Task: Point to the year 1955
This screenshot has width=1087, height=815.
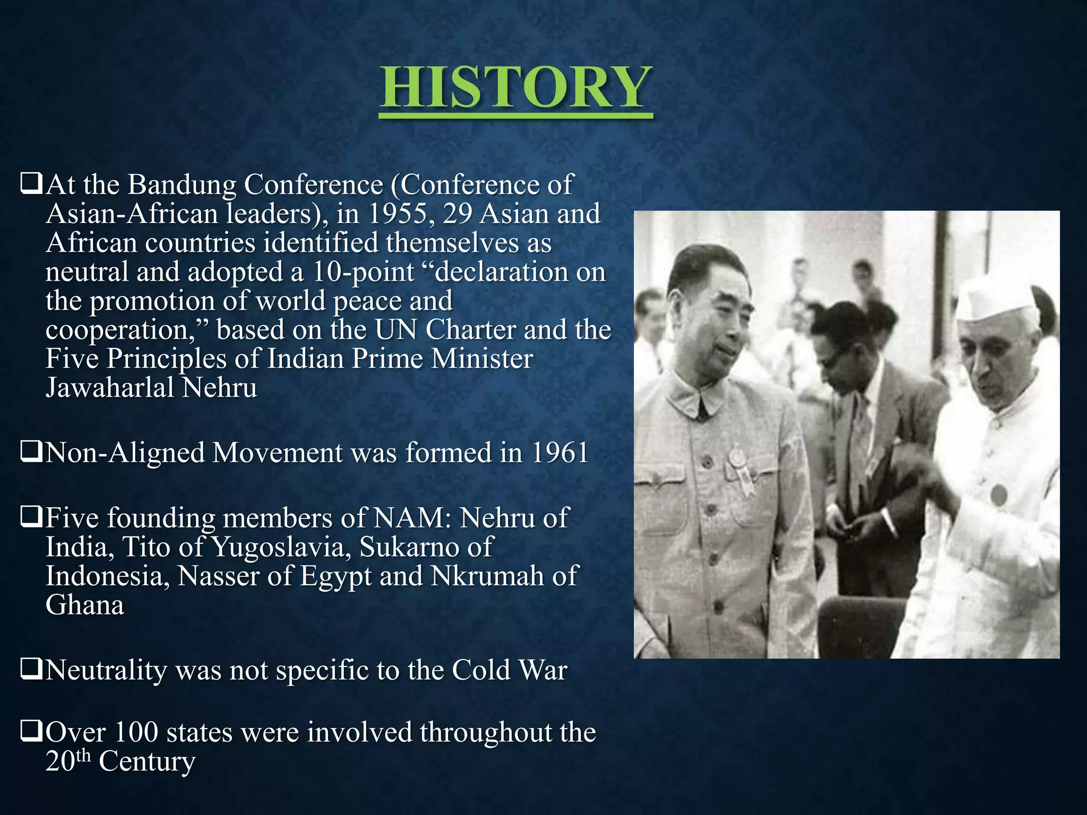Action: pyautogui.click(x=398, y=214)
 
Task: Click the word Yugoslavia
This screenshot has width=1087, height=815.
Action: pyautogui.click(x=278, y=548)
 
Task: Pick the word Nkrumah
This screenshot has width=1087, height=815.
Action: pyautogui.click(x=487, y=576)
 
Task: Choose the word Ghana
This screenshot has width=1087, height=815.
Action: pyautogui.click(x=85, y=605)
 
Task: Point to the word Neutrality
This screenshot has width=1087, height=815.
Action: pyautogui.click(x=106, y=670)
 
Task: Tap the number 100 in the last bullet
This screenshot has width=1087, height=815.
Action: pyautogui.click(x=136, y=733)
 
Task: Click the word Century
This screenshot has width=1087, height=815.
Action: pyautogui.click(x=147, y=762)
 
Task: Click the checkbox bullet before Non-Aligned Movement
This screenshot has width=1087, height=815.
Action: pyautogui.click(x=31, y=453)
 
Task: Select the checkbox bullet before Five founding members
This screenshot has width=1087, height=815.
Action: pyautogui.click(x=31, y=517)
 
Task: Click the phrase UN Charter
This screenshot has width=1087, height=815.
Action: pyautogui.click(x=445, y=330)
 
